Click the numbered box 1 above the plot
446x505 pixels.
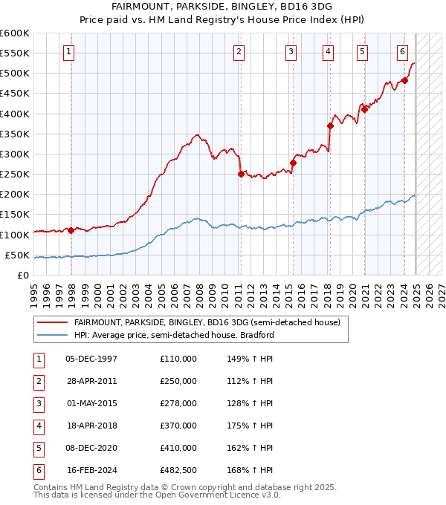pyautogui.click(x=68, y=52)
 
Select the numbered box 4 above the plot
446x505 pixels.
pyautogui.click(x=328, y=52)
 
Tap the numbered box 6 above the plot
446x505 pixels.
pyautogui.click(x=402, y=52)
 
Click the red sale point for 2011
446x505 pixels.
pyautogui.click(x=241, y=175)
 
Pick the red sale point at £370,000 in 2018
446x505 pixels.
pyautogui.click(x=330, y=126)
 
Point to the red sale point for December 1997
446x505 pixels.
pyautogui.click(x=71, y=230)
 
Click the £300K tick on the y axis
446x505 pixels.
pyautogui.click(x=15, y=154)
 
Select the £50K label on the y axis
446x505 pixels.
pyautogui.click(x=17, y=255)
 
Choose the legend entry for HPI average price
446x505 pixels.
pyautogui.click(x=174, y=335)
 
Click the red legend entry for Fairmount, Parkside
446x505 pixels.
pyautogui.click(x=207, y=322)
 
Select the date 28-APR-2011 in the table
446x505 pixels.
pyautogui.click(x=91, y=381)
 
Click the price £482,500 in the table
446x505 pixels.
pyautogui.click(x=178, y=471)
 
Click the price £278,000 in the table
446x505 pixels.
pyautogui.click(x=178, y=404)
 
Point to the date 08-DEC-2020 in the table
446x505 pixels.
pyautogui.click(x=92, y=449)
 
